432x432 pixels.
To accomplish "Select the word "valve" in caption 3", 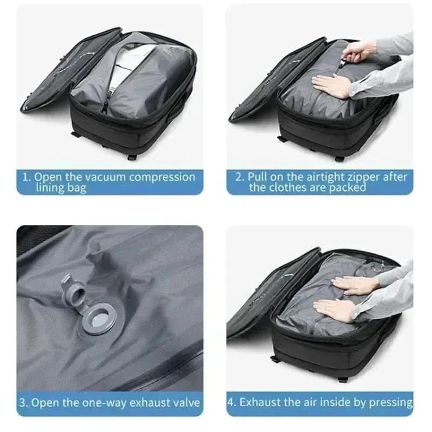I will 185,403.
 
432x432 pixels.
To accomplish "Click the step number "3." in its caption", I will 24,403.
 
